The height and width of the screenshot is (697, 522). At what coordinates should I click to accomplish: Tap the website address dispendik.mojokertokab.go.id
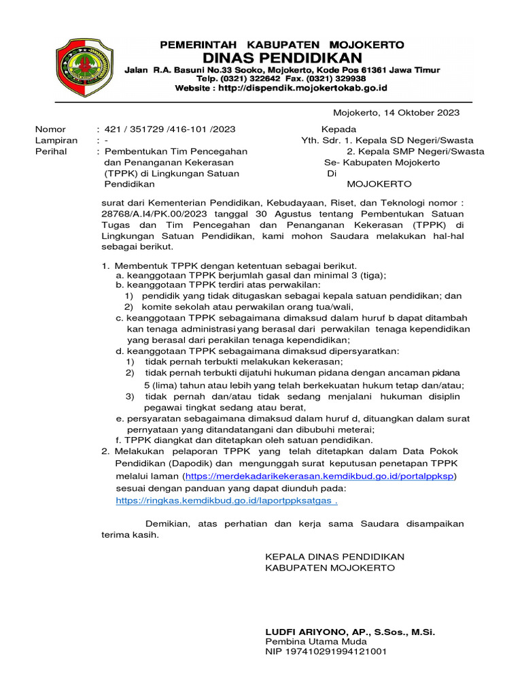(301, 88)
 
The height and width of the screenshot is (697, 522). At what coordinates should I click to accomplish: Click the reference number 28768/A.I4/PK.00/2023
(152, 213)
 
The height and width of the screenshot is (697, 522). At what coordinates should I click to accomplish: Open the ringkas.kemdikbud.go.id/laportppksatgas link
(226, 500)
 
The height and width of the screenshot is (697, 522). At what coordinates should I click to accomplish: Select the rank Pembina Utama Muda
(315, 641)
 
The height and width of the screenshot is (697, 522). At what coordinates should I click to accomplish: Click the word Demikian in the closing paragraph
(169, 523)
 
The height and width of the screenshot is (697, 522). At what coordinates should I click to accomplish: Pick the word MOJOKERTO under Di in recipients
(379, 184)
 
